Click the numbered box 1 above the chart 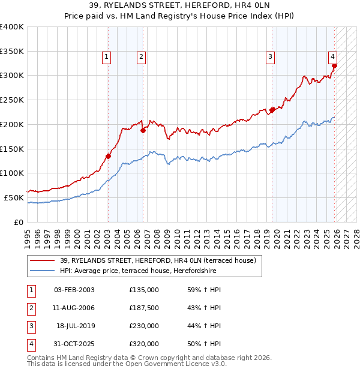pyautogui.click(x=106, y=57)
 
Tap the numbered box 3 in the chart pyautogui.click(x=271, y=57)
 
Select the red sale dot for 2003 pyautogui.click(x=108, y=156)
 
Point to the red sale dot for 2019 pyautogui.click(x=272, y=110)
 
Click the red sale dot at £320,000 pyautogui.click(x=335, y=66)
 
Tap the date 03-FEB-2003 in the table pyautogui.click(x=74, y=290)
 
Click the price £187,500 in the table pyautogui.click(x=143, y=308)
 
